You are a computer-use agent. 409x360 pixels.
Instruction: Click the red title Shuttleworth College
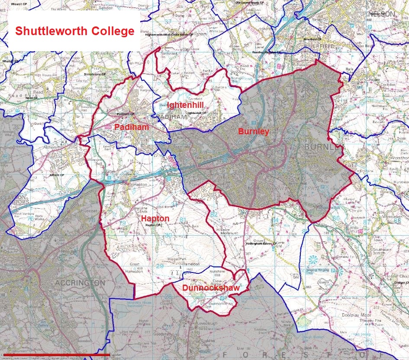click(74, 32)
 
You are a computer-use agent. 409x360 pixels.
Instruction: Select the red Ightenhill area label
click(185, 106)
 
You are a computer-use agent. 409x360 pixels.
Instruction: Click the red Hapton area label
click(155, 219)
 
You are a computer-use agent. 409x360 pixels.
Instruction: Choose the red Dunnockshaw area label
click(210, 288)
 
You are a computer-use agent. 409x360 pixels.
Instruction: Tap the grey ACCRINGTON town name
click(80, 283)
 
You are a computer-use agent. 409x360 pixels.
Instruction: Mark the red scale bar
click(56, 355)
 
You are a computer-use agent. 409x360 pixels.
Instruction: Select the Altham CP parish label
click(57, 175)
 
